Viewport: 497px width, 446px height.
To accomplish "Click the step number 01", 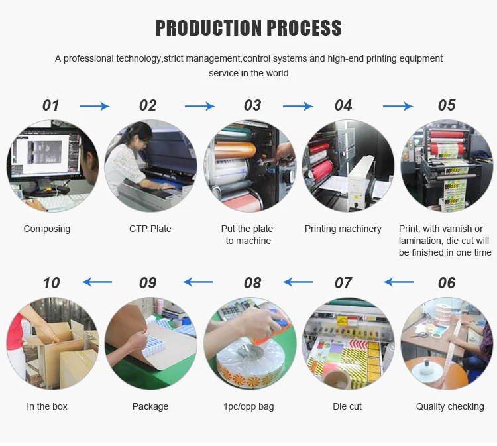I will [51, 105].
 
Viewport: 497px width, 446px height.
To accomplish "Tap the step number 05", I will [447, 105].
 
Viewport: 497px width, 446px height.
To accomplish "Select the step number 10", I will [51, 283].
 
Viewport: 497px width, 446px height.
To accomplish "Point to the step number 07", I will [343, 283].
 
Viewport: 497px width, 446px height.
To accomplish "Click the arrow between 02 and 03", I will [199, 106].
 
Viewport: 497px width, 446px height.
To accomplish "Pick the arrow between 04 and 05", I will [398, 106].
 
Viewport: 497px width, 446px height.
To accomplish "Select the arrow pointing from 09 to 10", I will [97, 282].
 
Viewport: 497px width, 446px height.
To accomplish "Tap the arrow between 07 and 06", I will [398, 282].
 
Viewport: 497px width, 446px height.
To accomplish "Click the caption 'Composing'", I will [47, 229].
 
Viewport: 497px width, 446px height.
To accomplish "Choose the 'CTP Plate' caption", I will [150, 229].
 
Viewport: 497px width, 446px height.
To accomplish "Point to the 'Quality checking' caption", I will [450, 406].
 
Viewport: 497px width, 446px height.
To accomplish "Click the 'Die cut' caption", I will [347, 406].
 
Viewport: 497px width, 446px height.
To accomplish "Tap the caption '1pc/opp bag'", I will [248, 406].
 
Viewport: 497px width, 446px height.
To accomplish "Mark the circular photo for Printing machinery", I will [348, 166].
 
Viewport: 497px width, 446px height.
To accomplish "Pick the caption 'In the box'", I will [47, 406].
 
